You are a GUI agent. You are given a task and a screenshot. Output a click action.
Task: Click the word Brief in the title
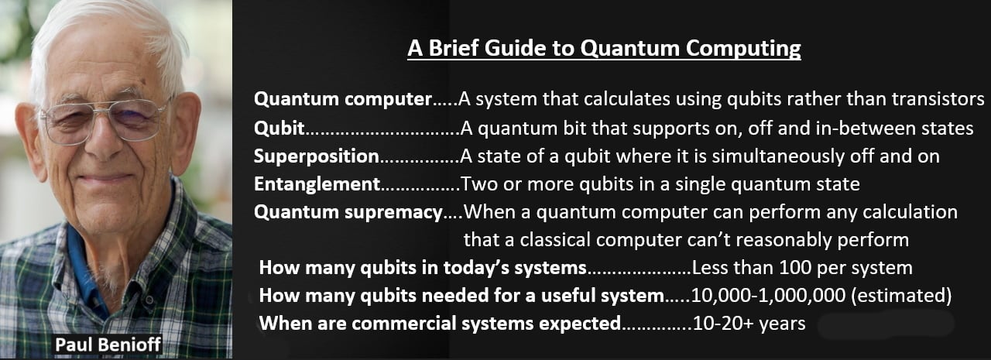453,48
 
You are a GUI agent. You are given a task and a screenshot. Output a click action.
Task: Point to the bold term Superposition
317,157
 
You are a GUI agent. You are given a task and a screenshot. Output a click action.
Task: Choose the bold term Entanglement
317,184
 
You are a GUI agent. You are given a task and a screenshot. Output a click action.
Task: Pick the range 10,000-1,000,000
768,296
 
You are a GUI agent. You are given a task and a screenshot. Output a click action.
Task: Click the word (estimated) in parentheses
901,296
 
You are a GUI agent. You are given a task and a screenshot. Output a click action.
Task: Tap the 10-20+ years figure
749,324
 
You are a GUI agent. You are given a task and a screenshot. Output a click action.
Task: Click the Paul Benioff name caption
108,345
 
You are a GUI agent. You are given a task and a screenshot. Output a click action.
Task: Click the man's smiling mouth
105,178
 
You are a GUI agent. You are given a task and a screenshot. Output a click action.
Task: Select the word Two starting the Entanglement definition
479,184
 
